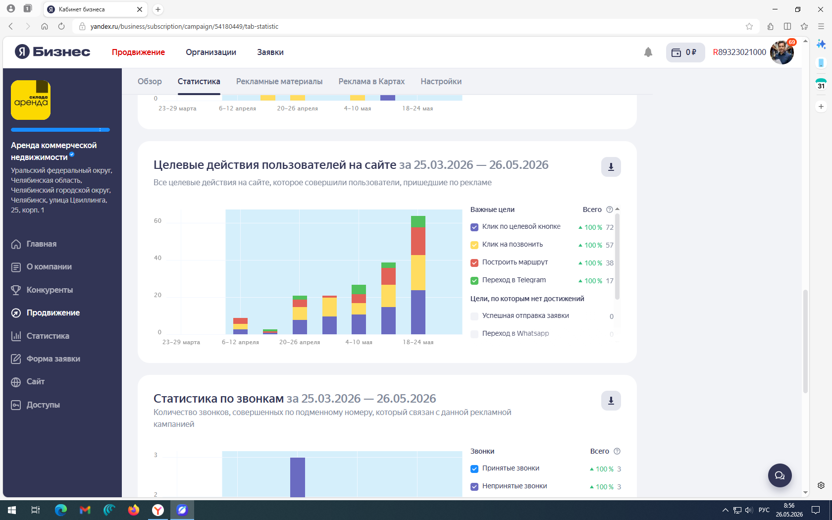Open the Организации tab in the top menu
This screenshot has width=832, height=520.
tap(211, 52)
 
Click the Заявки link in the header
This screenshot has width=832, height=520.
tap(270, 52)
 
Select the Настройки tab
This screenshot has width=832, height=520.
tap(441, 81)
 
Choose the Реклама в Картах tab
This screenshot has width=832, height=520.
tap(371, 81)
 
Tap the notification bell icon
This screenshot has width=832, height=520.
tap(648, 52)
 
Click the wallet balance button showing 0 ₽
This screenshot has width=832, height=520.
tap(685, 52)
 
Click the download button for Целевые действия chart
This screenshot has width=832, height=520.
tap(611, 167)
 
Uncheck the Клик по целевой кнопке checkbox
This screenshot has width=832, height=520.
tap(474, 227)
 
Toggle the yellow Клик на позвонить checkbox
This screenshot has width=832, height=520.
tap(474, 245)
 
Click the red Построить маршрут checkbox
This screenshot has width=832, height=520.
tap(474, 263)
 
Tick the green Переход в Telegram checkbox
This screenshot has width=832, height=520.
tap(474, 281)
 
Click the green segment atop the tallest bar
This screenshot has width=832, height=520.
tap(418, 222)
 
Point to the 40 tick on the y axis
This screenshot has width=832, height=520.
tap(157, 258)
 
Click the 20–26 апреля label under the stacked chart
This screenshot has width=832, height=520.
tap(299, 342)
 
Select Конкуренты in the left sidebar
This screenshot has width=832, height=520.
tap(50, 290)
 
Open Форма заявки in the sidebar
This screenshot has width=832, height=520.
tap(53, 359)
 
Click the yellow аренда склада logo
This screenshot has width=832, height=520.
tap(31, 100)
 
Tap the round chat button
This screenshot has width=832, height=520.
tap(780, 475)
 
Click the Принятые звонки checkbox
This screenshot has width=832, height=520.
tap(474, 468)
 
